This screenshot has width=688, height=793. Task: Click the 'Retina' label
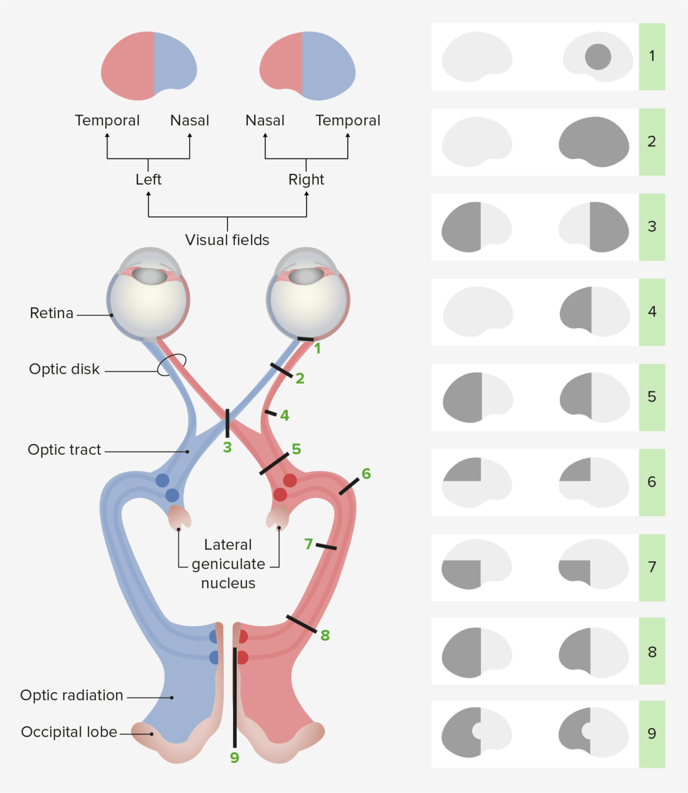tap(52, 313)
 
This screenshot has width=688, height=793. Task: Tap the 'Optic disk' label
tap(64, 369)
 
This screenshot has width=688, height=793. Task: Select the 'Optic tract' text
tap(64, 450)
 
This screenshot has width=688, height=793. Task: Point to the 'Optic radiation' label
tap(71, 695)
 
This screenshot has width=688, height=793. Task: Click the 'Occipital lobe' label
tap(69, 732)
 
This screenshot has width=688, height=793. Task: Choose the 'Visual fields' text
tap(227, 240)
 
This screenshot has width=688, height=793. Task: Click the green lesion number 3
tap(227, 448)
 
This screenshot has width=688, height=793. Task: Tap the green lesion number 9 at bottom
tap(234, 758)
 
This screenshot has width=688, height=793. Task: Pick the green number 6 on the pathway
tap(366, 473)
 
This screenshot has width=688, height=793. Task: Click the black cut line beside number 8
tap(302, 624)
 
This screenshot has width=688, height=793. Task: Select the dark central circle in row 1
tap(598, 57)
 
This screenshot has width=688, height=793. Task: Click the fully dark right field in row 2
tap(594, 141)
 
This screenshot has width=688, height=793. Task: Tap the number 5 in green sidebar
tap(652, 396)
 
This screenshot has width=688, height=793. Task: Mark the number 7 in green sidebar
tap(652, 567)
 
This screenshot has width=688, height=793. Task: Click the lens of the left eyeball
tap(150, 276)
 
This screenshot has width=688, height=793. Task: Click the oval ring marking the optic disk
tap(171, 364)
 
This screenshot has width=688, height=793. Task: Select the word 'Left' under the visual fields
tap(148, 180)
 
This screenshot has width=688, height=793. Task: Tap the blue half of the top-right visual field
tap(328, 66)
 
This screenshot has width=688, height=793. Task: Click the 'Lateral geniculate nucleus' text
tap(228, 564)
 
